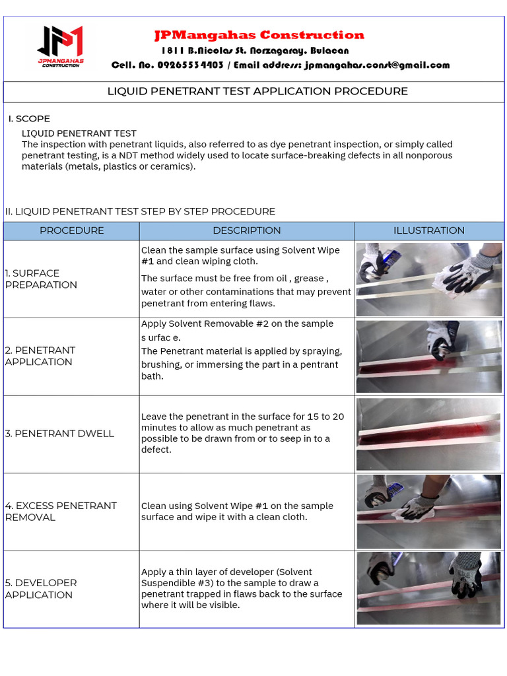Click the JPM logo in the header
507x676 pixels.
(x=59, y=46)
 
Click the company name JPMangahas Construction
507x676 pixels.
(x=259, y=35)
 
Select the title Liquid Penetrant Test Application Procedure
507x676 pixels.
(x=257, y=91)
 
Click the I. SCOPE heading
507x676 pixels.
(x=29, y=119)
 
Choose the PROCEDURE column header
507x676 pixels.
(x=71, y=230)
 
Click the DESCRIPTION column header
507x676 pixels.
(x=246, y=230)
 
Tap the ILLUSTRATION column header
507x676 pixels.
(x=429, y=230)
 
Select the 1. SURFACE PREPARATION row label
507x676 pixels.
(x=41, y=279)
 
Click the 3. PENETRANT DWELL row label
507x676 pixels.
(x=59, y=434)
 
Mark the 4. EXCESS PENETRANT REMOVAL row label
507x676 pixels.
(x=61, y=511)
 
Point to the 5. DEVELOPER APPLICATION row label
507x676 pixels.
(x=41, y=588)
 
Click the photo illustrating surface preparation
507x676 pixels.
(x=429, y=279)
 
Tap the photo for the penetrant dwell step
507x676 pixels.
(x=429, y=434)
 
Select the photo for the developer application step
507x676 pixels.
(x=429, y=588)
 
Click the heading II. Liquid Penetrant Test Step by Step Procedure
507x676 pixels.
(x=140, y=211)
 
